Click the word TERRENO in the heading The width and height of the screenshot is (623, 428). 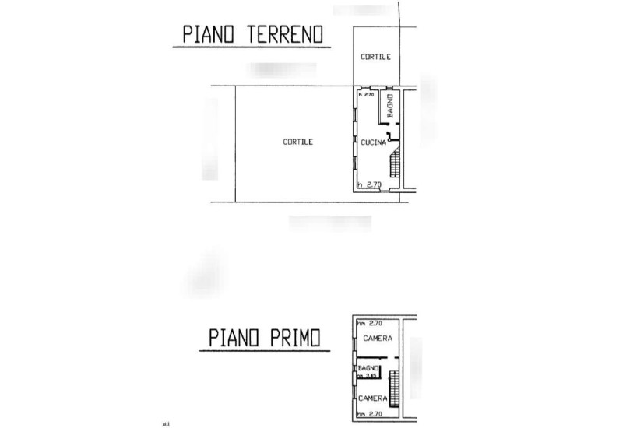pos(287,35)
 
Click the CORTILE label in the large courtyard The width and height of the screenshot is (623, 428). pos(297,142)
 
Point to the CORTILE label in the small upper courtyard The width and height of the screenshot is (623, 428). pos(375,57)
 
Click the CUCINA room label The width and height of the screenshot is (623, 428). pos(373,142)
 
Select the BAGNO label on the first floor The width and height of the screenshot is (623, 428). pos(368,367)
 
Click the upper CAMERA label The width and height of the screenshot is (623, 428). pos(377,339)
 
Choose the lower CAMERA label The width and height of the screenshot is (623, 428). pos(372,398)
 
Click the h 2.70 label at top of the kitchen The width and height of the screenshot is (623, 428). pos(366,95)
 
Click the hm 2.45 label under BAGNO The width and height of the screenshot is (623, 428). pos(367,376)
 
